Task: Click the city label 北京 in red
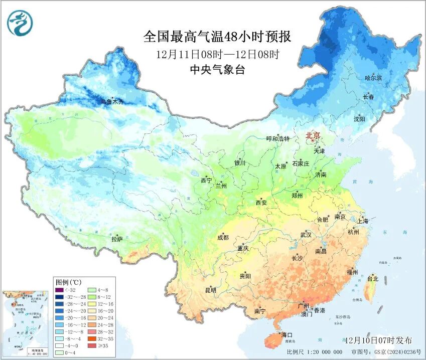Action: [x=313, y=135]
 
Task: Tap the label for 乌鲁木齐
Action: [x=111, y=102]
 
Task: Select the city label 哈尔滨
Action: [x=373, y=78]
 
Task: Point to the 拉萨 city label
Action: [x=117, y=239]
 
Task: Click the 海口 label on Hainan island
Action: [x=287, y=334]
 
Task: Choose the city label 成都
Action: [x=223, y=238]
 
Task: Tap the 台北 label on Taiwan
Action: [x=373, y=278]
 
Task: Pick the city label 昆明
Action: [x=210, y=290]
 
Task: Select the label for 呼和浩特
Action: [x=278, y=138]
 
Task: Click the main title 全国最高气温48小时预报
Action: [x=217, y=37]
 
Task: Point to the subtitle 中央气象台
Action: [x=217, y=70]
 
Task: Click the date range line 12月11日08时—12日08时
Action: [x=217, y=54]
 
